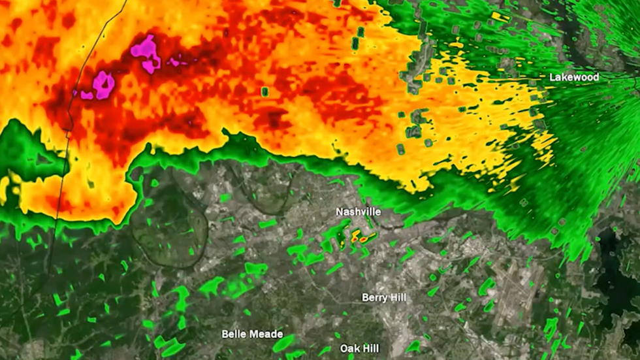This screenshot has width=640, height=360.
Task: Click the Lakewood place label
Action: point(573,77)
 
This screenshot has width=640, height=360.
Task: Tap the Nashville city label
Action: point(358,212)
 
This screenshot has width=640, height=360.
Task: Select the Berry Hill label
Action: point(384,298)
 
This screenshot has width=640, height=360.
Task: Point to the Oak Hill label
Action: point(359,349)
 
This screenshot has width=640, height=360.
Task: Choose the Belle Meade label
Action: point(252,335)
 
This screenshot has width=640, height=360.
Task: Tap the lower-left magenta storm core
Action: point(103,84)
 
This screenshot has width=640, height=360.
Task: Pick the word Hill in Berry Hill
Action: point(398,298)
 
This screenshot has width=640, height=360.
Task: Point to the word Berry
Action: point(374,298)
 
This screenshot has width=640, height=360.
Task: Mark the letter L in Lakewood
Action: point(552,77)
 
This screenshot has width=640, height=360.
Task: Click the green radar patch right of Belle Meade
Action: point(285,342)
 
